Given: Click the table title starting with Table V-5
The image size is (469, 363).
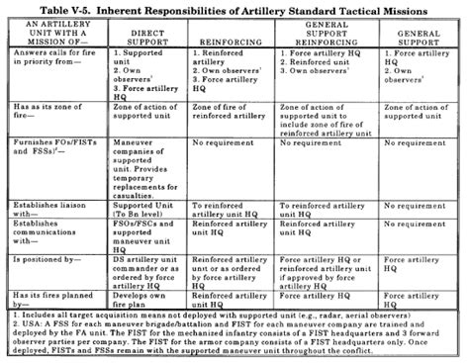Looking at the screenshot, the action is coord(234,9).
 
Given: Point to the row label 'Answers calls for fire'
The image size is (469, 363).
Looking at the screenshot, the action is coord(51,65).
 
